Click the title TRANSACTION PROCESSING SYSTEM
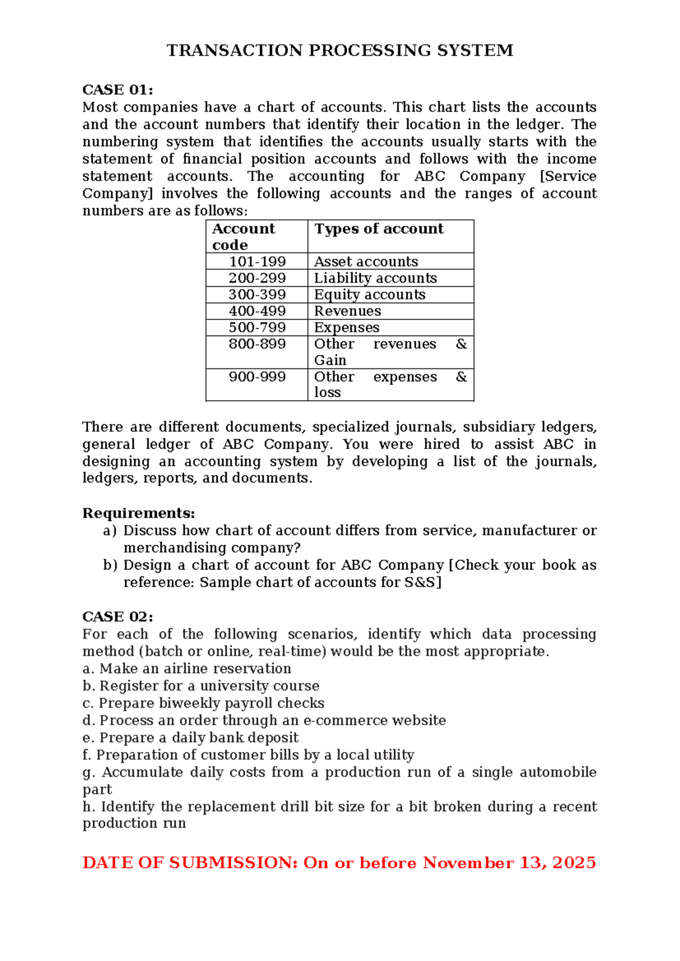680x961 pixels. (x=340, y=50)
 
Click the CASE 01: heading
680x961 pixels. (x=117, y=90)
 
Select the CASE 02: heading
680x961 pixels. (x=117, y=616)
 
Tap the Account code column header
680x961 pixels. (x=243, y=236)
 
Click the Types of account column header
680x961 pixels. (x=379, y=229)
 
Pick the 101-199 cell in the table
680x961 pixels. (x=257, y=261)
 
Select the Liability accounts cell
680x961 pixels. (x=375, y=278)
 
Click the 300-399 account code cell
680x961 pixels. (x=257, y=294)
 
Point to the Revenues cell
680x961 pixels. (x=347, y=311)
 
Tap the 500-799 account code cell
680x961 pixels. (x=257, y=327)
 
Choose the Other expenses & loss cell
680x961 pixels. (x=390, y=384)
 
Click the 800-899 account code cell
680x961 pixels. (x=257, y=344)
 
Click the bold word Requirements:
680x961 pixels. (x=138, y=513)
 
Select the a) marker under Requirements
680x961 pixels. (x=110, y=530)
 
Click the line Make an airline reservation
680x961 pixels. (x=195, y=669)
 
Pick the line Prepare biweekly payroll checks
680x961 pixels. (x=211, y=703)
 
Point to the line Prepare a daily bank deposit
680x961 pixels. (x=198, y=738)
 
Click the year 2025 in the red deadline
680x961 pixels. (x=573, y=862)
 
